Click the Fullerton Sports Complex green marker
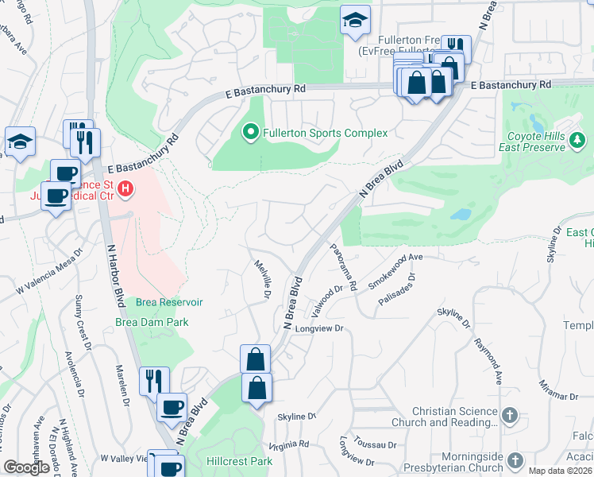click(251, 132)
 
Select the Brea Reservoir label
click(169, 302)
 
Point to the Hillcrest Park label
click(239, 461)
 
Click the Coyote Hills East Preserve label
click(532, 142)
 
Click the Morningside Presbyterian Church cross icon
click(515, 460)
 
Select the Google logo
click(27, 467)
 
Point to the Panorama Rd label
click(344, 266)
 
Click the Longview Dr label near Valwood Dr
click(318, 328)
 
